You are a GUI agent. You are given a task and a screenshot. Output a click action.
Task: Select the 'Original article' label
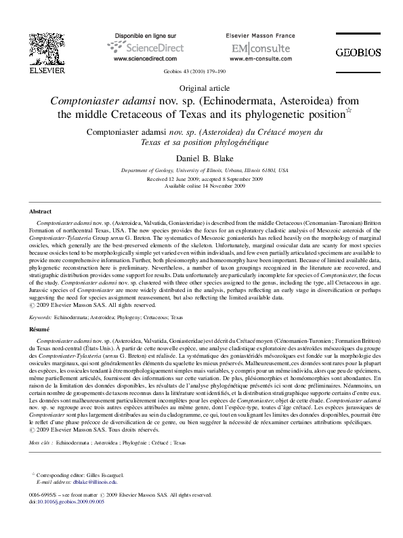[x=201, y=88]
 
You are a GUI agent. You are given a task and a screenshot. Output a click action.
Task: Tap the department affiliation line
[x=201, y=171]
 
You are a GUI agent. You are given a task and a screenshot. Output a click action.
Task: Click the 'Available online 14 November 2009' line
[x=201, y=185]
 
